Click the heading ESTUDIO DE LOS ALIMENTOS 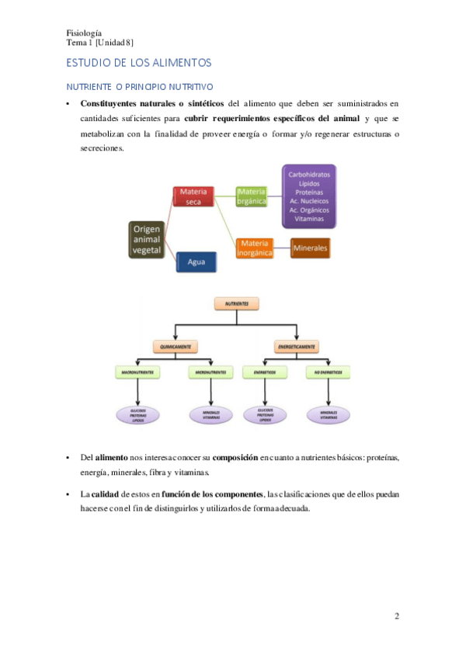pyautogui.click(x=139, y=62)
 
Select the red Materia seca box pyautogui.click(x=192, y=196)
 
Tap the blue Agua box pyautogui.click(x=196, y=262)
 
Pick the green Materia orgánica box pyautogui.click(x=252, y=196)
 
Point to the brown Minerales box pyautogui.click(x=310, y=248)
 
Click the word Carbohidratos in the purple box pyautogui.click(x=309, y=175)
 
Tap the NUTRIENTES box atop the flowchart pyautogui.click(x=237, y=305)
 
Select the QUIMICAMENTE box pyautogui.click(x=176, y=346)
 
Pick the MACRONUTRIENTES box pyautogui.click(x=137, y=372)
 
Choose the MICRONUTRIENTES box pyautogui.click(x=210, y=372)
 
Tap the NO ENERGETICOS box pyautogui.click(x=328, y=372)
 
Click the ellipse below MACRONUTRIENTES pyautogui.click(x=137, y=414)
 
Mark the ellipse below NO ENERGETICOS pyautogui.click(x=328, y=414)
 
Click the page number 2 pyautogui.click(x=397, y=617)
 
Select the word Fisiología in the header pyautogui.click(x=85, y=33)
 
